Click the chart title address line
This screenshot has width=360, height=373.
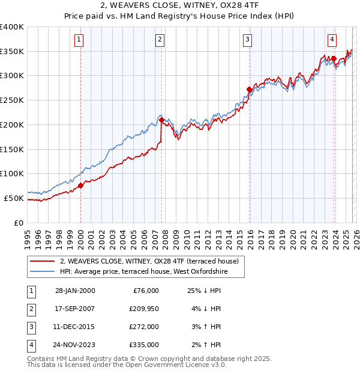[x=180, y=5]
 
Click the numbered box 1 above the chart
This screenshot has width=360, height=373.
[x=79, y=40]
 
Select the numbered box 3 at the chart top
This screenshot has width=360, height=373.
[x=247, y=40]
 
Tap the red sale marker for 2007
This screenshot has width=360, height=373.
[x=162, y=120]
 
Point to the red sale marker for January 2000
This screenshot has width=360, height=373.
[x=81, y=185]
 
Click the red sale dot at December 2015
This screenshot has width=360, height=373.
[x=249, y=90]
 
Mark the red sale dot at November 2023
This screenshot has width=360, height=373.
[x=334, y=59]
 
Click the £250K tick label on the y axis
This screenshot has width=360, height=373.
[x=12, y=100]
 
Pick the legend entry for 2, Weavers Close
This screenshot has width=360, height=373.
[x=149, y=261]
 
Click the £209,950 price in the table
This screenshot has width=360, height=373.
[x=142, y=309]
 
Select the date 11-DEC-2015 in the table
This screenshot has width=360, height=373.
[x=74, y=327]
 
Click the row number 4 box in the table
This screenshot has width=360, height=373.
[x=30, y=345]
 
